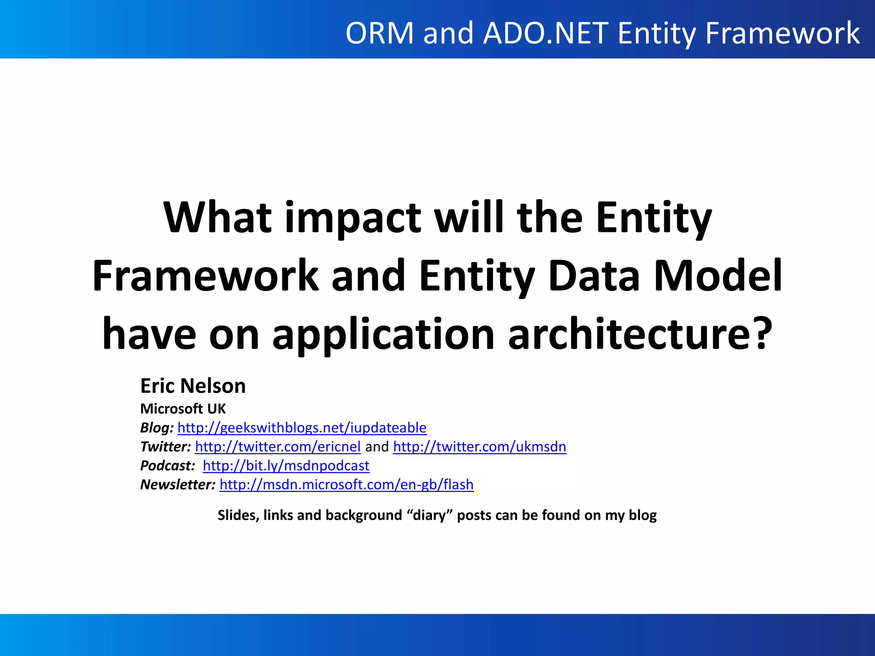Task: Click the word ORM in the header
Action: [379, 33]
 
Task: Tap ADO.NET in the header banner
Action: [546, 33]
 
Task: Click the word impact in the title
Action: [353, 218]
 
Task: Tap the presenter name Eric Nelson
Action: [193, 386]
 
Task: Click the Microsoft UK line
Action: [183, 409]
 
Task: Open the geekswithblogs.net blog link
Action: [302, 428]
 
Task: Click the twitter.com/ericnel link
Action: [278, 447]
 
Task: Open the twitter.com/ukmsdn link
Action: [479, 447]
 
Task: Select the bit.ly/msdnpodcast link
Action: [286, 466]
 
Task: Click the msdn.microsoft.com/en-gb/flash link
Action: [346, 485]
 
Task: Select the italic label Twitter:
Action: [165, 447]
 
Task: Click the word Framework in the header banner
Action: [782, 33]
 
